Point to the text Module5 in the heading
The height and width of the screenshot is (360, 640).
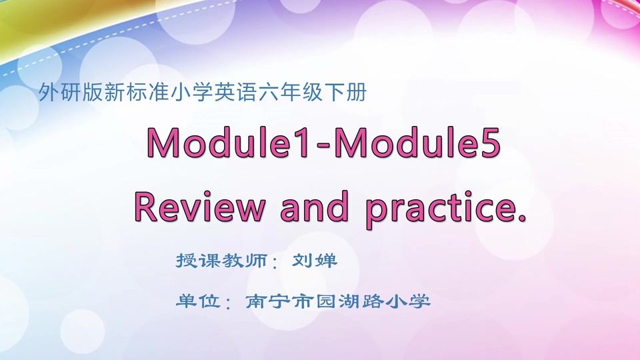417,142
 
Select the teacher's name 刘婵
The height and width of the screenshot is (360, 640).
315,260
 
